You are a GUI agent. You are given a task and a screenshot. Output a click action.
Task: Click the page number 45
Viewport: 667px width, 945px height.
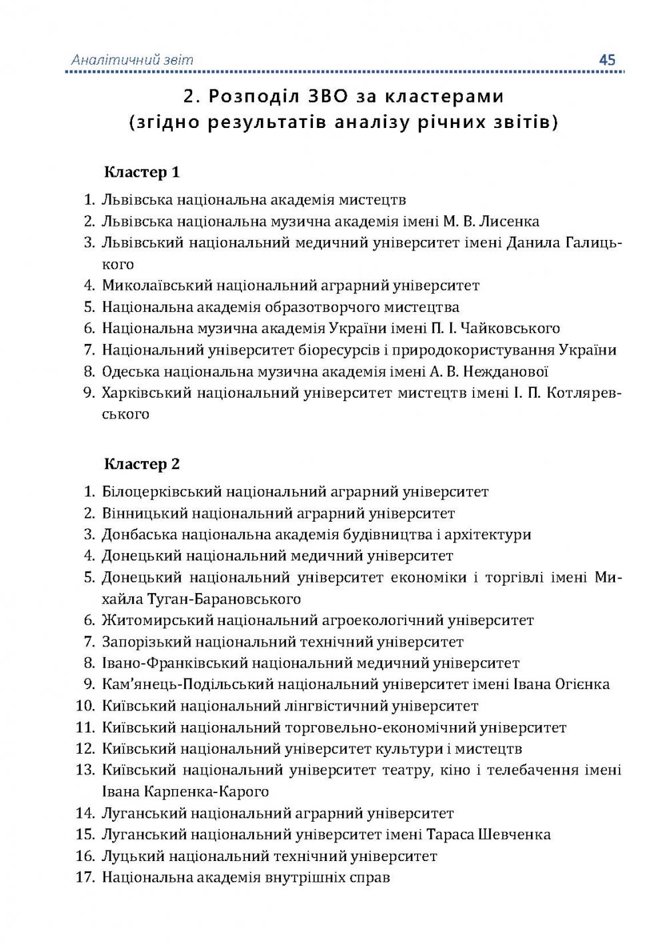point(607,60)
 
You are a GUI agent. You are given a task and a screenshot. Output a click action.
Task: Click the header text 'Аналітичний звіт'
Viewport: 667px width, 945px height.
point(132,60)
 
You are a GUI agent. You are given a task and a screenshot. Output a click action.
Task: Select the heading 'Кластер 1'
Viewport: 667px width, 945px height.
point(142,173)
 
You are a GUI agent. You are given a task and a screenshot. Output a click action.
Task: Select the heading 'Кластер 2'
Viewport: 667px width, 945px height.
point(142,465)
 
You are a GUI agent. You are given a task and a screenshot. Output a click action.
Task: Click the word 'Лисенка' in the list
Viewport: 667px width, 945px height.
point(509,221)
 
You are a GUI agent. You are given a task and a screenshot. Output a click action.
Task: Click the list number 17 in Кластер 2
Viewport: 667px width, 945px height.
point(85,877)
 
